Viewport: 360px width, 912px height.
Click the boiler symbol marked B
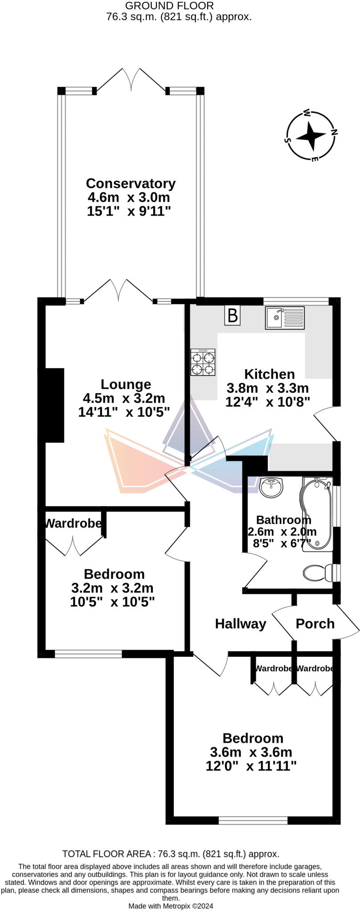tap(232, 316)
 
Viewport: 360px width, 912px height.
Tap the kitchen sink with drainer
tap(285, 318)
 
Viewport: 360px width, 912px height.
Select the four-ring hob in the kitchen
tap(203, 362)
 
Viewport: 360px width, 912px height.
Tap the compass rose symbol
tap(311, 136)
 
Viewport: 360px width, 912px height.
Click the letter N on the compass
tap(334, 132)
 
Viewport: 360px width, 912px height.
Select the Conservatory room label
tap(131, 183)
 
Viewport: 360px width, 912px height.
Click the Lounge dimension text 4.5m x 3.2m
tap(124, 398)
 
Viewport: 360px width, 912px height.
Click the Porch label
tap(315, 624)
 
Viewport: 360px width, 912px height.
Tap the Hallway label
tap(240, 624)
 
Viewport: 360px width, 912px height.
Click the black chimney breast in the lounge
tap(54, 404)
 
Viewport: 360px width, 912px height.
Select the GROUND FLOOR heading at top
tap(169, 6)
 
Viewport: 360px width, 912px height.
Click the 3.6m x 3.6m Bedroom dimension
tap(251, 753)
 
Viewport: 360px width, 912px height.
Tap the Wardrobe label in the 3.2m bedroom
tap(73, 523)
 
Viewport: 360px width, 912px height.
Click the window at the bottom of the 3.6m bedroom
tap(253, 820)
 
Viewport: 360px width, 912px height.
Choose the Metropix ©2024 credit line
tap(171, 906)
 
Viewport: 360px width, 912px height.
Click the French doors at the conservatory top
tap(131, 80)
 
